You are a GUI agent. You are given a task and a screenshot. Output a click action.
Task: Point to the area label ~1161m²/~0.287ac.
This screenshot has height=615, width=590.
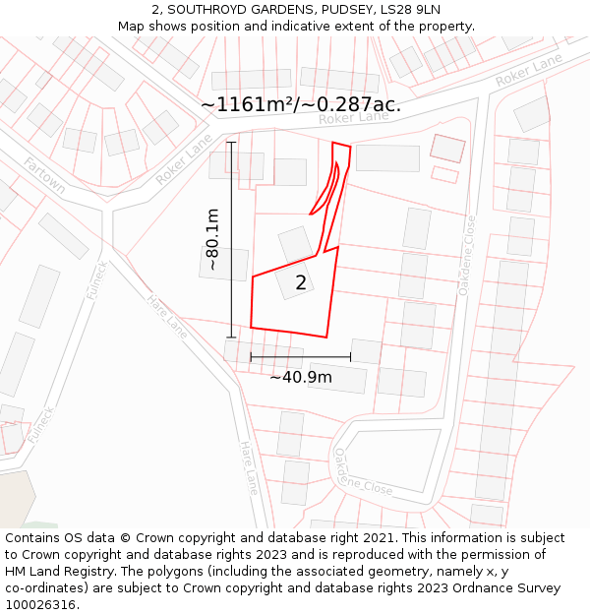click(x=300, y=104)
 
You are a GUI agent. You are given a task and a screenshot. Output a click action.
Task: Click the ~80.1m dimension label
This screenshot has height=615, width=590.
click(x=211, y=239)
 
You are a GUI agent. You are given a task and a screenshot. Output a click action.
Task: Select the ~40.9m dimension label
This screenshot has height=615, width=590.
click(x=301, y=377)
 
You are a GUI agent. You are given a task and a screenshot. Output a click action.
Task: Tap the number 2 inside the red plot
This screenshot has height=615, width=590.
click(x=301, y=283)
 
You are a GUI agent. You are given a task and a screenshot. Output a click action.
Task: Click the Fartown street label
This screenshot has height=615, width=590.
click(x=44, y=174)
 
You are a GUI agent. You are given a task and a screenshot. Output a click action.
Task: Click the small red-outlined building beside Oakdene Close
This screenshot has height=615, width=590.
click(x=447, y=149)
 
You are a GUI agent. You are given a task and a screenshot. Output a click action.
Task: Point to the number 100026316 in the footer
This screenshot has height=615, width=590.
click(x=40, y=605)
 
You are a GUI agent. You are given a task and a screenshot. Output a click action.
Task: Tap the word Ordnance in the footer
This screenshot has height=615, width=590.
click(x=479, y=588)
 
